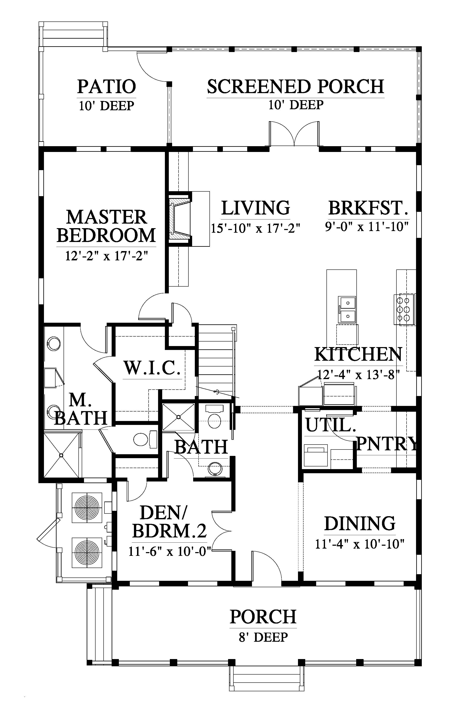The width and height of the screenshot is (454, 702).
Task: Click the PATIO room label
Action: tap(106, 87)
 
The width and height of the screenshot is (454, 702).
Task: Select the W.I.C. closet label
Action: tap(152, 368)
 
